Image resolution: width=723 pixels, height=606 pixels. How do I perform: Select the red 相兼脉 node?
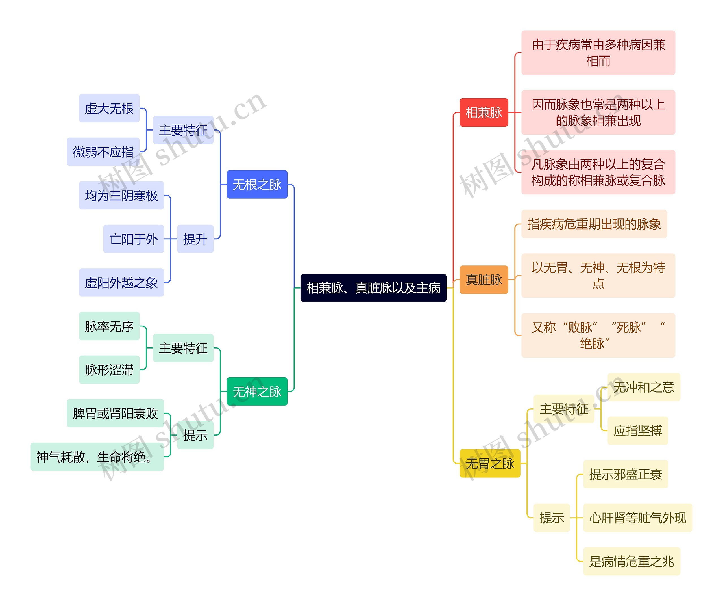(x=484, y=113)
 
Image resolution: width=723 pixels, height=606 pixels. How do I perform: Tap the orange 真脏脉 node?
(x=484, y=280)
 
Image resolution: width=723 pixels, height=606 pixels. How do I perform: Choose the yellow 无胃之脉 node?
(x=489, y=463)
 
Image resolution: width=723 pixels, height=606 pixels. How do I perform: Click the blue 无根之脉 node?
(x=257, y=184)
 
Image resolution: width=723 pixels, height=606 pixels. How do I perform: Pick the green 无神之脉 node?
(x=257, y=391)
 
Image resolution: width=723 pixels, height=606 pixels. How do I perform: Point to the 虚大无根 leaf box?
(x=109, y=108)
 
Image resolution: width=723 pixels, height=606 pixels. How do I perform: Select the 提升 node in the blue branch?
(x=195, y=239)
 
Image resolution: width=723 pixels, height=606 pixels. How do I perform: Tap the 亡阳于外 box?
(x=133, y=239)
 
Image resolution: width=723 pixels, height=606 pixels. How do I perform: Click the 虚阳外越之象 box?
(x=121, y=282)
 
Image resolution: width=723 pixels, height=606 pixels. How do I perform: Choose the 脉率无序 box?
(x=109, y=326)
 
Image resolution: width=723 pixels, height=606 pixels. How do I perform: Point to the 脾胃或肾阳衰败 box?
(x=115, y=413)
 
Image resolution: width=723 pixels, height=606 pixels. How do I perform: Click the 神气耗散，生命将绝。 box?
(x=97, y=457)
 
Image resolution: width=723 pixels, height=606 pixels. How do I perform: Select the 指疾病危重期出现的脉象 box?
(x=594, y=224)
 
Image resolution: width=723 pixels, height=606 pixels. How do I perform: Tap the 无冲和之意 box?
(x=643, y=387)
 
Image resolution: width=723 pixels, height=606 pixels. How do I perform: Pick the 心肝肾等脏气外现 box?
(x=638, y=518)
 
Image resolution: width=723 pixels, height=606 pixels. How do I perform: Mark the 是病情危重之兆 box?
(x=631, y=561)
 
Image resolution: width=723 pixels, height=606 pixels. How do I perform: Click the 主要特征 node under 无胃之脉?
(x=564, y=409)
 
